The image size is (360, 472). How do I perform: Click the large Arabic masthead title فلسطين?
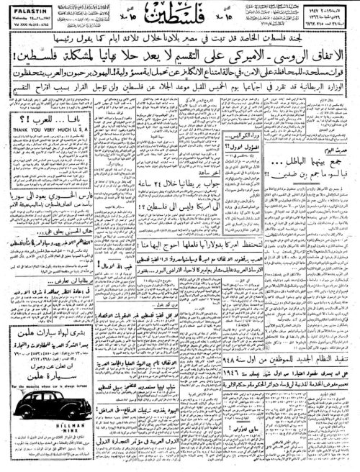tap(179, 14)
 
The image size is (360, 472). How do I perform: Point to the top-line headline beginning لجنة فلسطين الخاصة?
tap(180, 33)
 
